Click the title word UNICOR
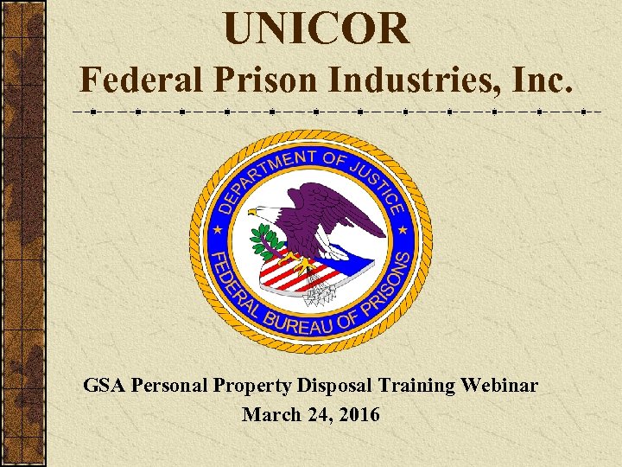tap(316, 29)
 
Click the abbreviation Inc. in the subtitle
tap(543, 81)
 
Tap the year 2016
tap(357, 415)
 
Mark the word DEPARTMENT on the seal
tap(255, 173)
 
